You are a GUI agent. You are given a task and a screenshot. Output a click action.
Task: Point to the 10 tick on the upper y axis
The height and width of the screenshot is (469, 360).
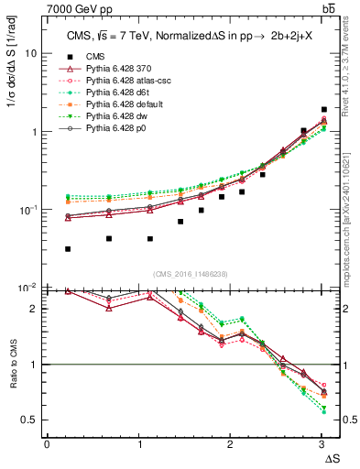coord(30,53)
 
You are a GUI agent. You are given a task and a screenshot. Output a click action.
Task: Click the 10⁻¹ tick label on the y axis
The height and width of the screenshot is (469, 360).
coord(28,210)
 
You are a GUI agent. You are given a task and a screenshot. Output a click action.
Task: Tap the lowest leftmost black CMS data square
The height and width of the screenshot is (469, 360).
coord(69,248)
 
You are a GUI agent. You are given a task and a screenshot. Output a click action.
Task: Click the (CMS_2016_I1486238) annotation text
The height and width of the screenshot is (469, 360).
coord(184,275)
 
